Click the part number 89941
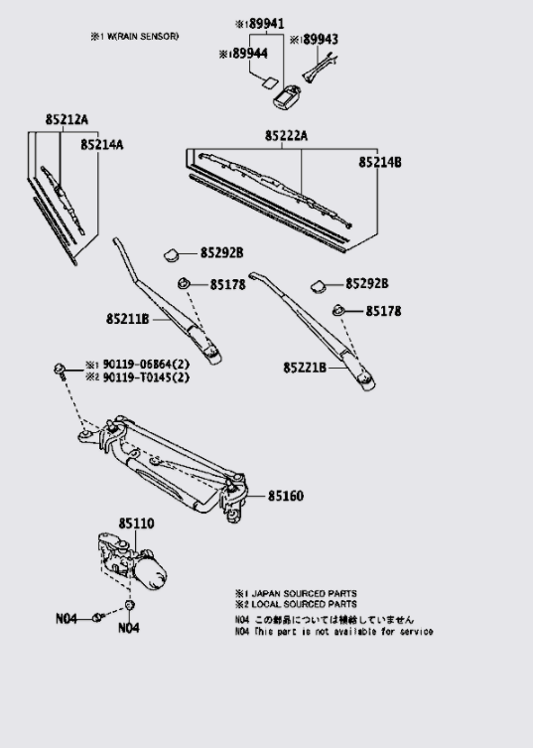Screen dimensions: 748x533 (x=264, y=23)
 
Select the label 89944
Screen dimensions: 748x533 (x=247, y=53)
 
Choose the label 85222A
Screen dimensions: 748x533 (x=286, y=135)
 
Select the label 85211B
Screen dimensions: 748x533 (x=127, y=319)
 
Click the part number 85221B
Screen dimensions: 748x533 (x=304, y=368)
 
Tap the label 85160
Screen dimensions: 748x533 (x=287, y=494)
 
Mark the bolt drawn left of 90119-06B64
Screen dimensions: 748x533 (x=62, y=371)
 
